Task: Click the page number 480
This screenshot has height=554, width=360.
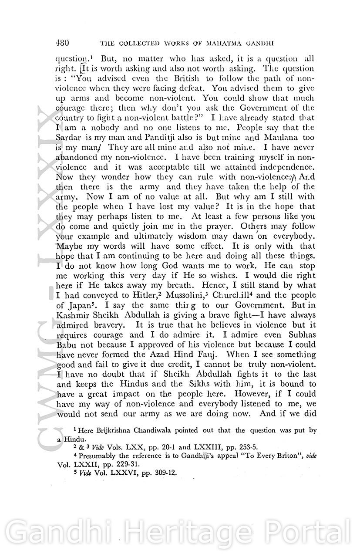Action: coord(63,43)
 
